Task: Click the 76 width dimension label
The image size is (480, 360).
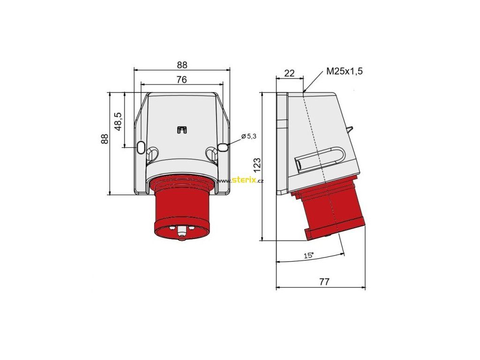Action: tap(181, 80)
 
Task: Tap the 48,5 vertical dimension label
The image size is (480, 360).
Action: tap(118, 121)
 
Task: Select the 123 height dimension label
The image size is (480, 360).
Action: tap(257, 165)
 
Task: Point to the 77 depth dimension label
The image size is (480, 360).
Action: tap(324, 281)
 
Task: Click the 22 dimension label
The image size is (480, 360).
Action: tap(289, 73)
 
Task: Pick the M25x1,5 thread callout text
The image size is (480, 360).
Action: tap(345, 71)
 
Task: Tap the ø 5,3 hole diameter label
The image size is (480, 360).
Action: tap(248, 136)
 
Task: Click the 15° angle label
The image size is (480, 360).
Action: tap(309, 255)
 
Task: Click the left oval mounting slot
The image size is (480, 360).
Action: tap(141, 147)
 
